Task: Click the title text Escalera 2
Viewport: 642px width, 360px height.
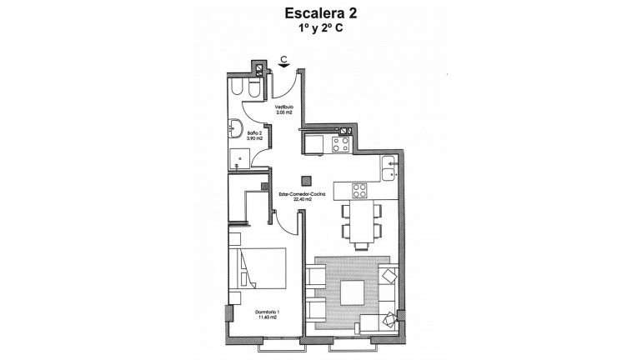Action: (x=320, y=13)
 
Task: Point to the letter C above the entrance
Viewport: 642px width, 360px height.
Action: (x=284, y=58)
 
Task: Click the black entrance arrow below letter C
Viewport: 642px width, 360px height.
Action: (x=284, y=67)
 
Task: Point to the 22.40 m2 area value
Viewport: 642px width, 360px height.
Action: (x=301, y=200)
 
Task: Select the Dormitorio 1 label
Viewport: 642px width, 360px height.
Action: (x=267, y=312)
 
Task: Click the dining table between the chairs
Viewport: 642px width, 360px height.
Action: (x=361, y=225)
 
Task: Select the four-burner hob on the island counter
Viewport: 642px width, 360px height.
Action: (x=359, y=191)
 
